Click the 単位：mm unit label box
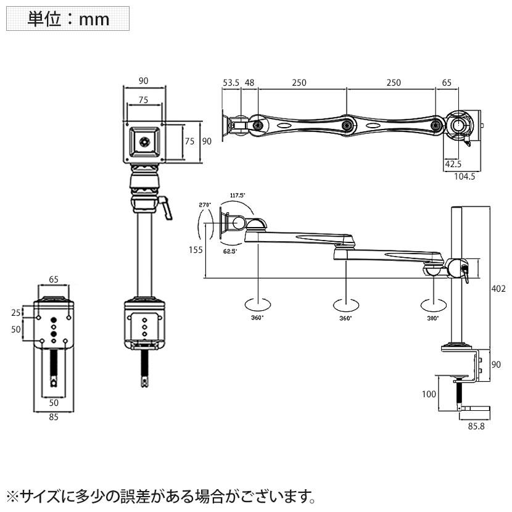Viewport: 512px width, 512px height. tap(68, 19)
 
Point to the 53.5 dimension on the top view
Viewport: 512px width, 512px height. tap(231, 83)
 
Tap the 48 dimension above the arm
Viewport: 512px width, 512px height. tap(250, 83)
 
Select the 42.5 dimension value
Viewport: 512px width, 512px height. tap(453, 164)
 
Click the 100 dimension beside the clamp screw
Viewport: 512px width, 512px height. tap(428, 393)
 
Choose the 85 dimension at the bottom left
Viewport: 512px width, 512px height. tap(53, 416)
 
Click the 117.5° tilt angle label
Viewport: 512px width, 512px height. tap(237, 196)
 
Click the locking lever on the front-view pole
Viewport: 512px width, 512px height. tap(165, 206)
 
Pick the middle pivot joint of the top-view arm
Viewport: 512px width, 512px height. tap(347, 125)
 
